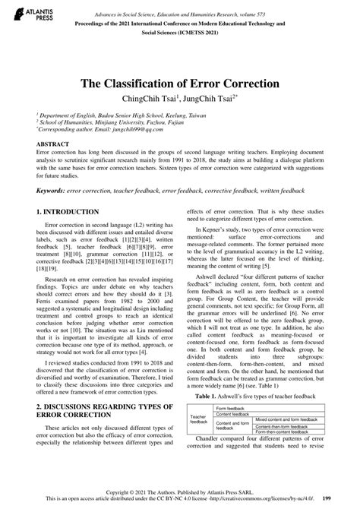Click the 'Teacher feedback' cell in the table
point(199,419)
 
